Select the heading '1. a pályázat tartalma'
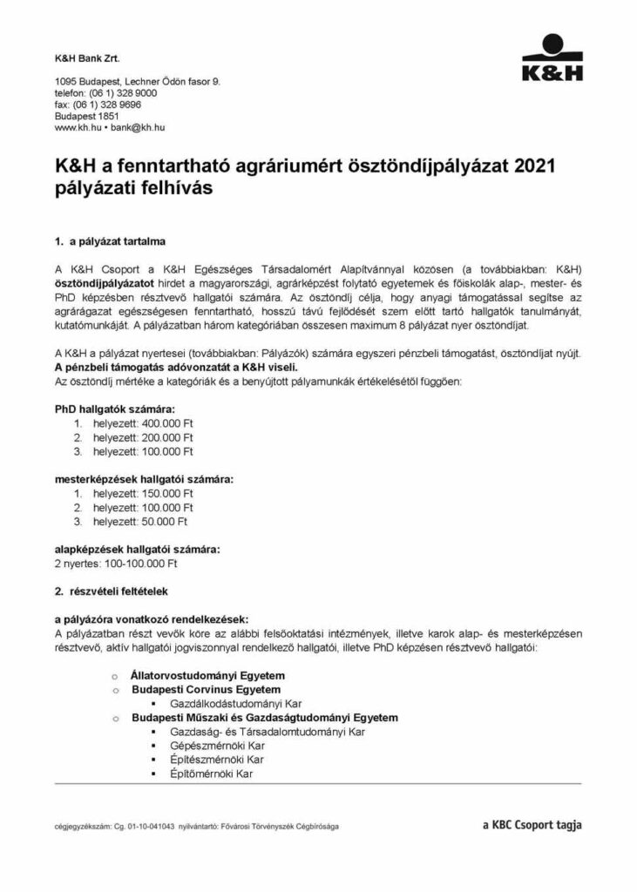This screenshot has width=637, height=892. click(x=109, y=239)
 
